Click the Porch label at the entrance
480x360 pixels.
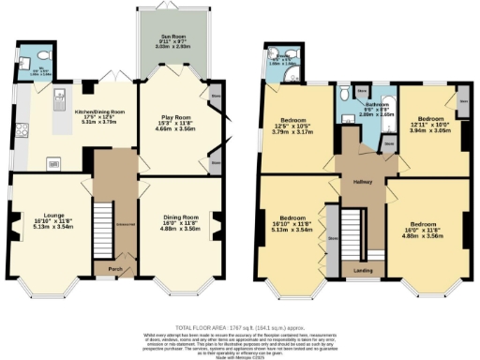click(x=114, y=267)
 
